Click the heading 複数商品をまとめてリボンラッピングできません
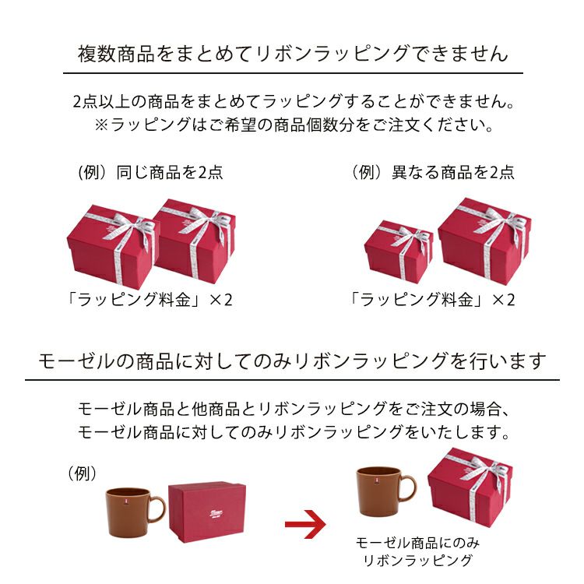[x=292, y=54]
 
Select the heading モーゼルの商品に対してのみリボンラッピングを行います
[x=292, y=361]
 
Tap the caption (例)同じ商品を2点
[x=151, y=172]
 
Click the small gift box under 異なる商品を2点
[x=398, y=251]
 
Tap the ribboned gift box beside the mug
[x=470, y=488]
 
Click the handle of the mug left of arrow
[x=157, y=510]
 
